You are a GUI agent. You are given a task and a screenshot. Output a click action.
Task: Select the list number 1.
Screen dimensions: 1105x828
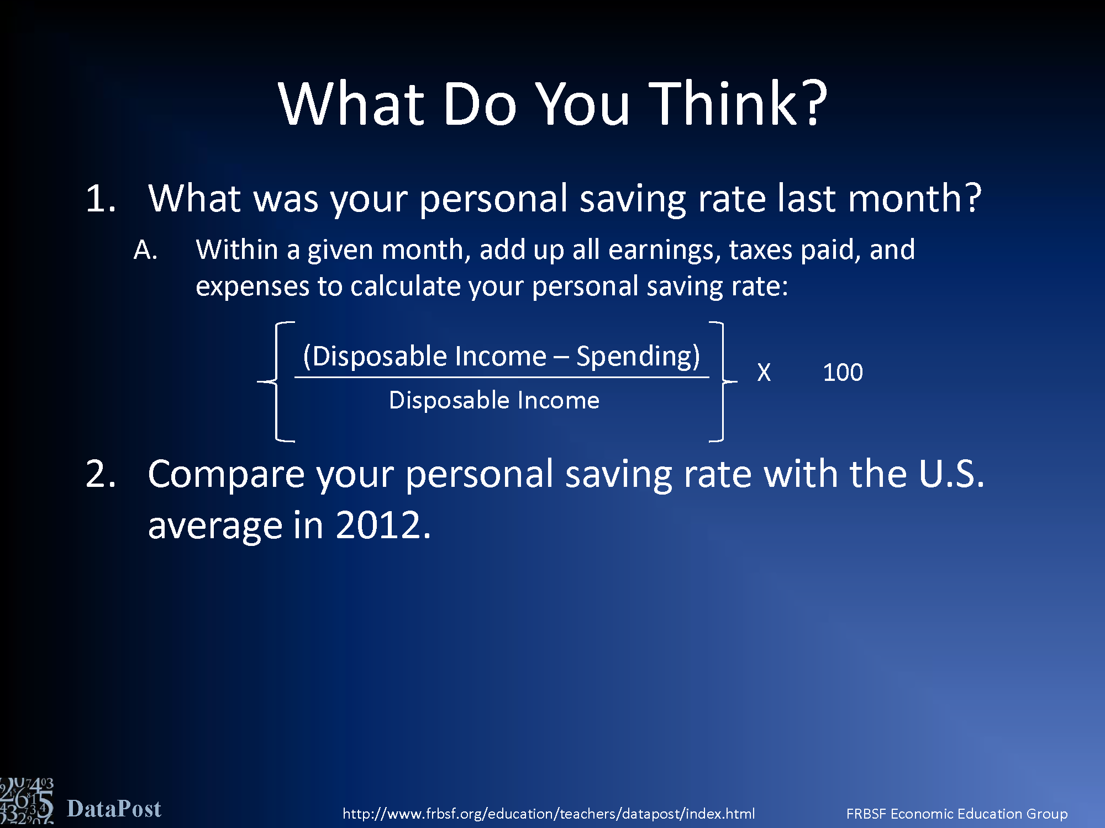point(101,199)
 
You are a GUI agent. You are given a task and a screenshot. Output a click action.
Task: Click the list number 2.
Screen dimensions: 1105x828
point(101,474)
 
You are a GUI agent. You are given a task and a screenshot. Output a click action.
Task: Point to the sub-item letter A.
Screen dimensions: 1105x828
point(146,250)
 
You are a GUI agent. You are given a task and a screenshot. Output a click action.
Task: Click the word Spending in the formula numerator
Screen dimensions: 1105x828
point(638,357)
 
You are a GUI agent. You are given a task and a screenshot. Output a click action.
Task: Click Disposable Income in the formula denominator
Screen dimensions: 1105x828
point(494,400)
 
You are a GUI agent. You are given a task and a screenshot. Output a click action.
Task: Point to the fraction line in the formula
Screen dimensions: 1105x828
point(502,378)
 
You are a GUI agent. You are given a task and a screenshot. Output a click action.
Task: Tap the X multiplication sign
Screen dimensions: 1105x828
point(764,373)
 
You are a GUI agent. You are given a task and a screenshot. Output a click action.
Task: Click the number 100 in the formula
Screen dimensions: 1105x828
point(843,373)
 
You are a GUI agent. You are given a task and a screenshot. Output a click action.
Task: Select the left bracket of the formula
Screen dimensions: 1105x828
point(276,381)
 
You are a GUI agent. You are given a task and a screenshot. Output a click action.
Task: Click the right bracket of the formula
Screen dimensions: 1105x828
point(723,381)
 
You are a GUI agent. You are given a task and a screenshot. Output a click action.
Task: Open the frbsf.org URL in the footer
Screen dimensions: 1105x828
point(549,814)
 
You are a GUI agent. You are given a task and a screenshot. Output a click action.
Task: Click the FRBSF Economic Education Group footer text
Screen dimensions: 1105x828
point(957,814)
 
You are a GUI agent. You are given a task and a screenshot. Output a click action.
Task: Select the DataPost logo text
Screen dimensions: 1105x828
point(114,809)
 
